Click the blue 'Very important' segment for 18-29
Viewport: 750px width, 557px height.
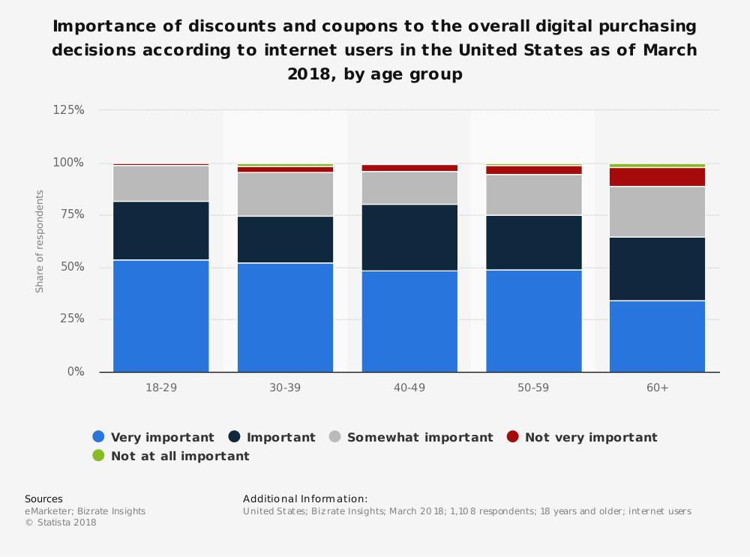(160, 316)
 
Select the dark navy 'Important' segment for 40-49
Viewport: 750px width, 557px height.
(409, 238)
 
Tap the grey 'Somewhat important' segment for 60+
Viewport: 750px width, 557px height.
(657, 212)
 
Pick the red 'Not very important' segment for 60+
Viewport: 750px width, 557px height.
(657, 177)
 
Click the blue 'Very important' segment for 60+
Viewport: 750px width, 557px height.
(657, 336)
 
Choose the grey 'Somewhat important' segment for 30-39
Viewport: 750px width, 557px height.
(285, 194)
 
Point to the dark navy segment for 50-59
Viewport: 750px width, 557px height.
(533, 242)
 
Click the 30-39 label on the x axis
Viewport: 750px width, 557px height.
(285, 388)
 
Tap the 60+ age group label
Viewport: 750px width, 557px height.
(657, 388)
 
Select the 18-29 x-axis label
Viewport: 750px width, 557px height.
(160, 388)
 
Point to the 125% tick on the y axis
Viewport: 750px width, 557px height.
(68, 110)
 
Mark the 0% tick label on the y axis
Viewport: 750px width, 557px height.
(75, 372)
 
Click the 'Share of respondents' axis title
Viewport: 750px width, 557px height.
(40, 241)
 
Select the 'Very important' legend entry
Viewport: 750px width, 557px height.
(153, 437)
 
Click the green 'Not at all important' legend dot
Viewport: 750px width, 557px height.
(98, 456)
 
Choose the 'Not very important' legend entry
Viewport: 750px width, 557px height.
(582, 437)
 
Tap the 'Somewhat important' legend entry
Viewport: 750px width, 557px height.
(411, 437)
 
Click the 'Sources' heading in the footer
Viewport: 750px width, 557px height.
(43, 499)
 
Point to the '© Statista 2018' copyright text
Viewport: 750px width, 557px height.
(61, 523)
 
